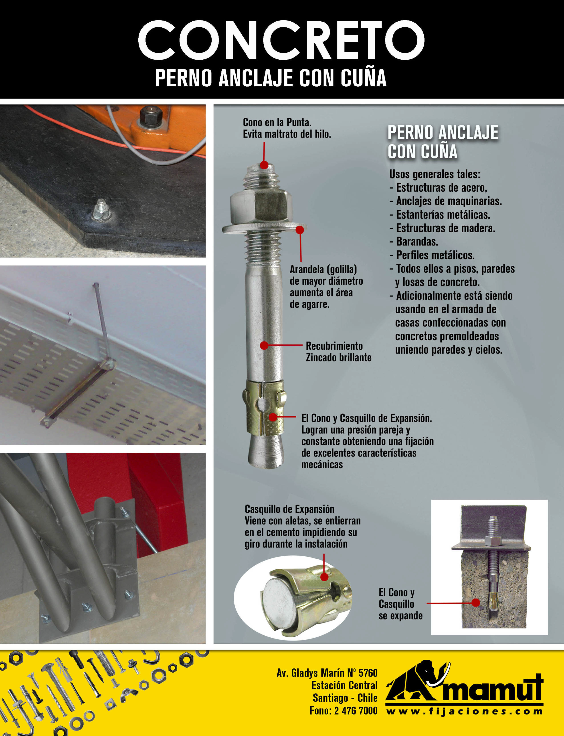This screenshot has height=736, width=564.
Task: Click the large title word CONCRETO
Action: click(x=281, y=40)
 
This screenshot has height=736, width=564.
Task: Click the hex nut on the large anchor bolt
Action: click(x=261, y=206)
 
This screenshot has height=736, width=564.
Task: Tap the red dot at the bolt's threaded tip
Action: click(x=264, y=165)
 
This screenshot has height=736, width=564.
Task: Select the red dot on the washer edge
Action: click(x=300, y=230)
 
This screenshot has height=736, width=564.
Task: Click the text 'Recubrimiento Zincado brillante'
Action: click(x=338, y=352)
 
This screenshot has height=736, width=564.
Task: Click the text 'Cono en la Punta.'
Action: click(x=277, y=122)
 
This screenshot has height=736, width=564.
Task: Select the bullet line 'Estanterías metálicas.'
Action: click(x=440, y=215)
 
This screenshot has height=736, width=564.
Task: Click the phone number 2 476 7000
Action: click(x=356, y=710)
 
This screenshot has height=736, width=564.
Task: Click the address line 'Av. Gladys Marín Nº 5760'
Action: click(x=327, y=673)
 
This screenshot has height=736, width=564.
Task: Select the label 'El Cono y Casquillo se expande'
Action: click(x=400, y=604)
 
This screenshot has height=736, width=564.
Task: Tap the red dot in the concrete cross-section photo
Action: click(x=475, y=603)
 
